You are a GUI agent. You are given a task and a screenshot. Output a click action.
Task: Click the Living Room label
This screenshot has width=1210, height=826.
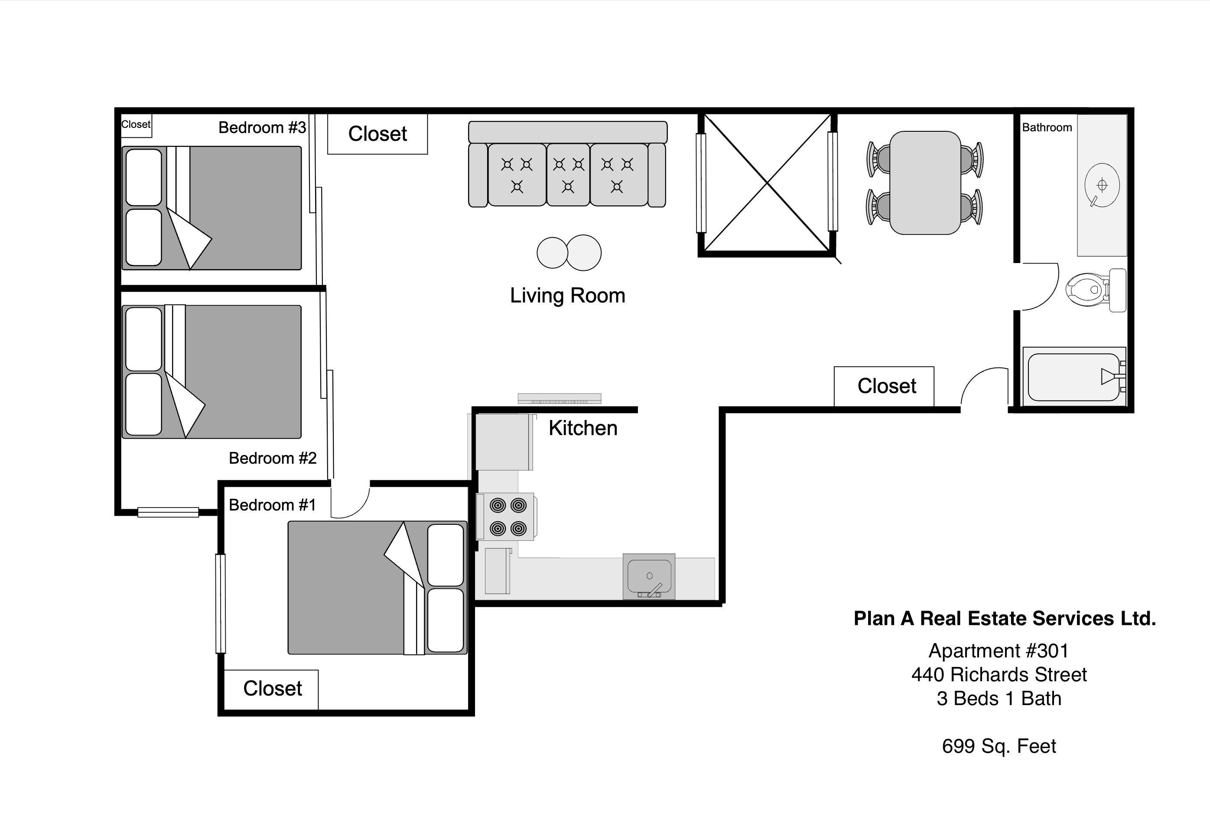(x=567, y=296)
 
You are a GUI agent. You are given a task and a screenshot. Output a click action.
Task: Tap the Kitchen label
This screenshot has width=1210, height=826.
(x=582, y=428)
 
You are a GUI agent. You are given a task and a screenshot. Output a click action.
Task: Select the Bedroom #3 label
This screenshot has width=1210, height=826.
(x=262, y=127)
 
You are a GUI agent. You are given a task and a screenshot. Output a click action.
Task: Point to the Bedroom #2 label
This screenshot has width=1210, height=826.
(x=272, y=458)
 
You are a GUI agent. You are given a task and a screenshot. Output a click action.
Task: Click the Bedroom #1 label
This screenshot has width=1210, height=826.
(x=272, y=505)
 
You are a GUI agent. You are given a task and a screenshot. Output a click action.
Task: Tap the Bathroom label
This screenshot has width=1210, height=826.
(x=1047, y=127)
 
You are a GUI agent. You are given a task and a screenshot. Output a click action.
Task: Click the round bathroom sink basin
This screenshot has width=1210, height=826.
(x=1102, y=185)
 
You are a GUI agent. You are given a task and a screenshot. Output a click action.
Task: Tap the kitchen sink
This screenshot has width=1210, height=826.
(x=649, y=576)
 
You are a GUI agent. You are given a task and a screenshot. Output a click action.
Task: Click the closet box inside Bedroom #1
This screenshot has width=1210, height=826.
(x=272, y=689)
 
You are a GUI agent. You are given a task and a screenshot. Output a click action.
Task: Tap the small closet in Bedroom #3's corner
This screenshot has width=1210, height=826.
(x=136, y=125)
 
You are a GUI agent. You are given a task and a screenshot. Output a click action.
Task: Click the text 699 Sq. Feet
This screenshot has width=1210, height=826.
(x=999, y=746)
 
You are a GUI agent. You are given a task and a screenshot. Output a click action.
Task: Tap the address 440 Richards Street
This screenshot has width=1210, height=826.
(x=999, y=675)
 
